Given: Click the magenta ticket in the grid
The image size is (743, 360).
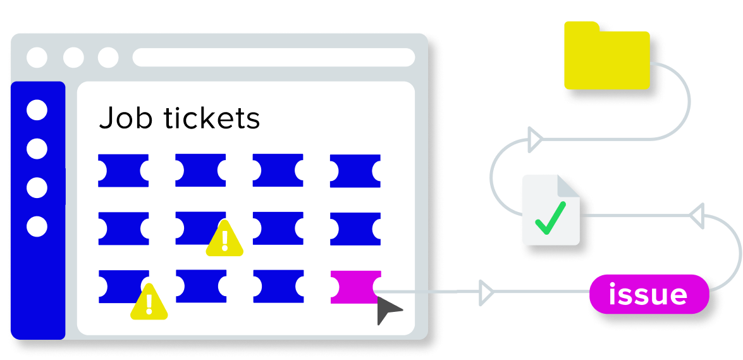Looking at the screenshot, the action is pos(355,287).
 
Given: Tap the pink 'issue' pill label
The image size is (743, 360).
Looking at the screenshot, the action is pos(649,294).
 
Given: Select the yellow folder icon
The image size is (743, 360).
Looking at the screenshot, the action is pos(607,56).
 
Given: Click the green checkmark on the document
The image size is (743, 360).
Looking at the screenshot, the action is pos(550,218).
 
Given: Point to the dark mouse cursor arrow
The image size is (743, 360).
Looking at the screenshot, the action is pos(387,310).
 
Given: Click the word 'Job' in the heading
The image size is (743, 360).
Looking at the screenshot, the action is pos(126,118).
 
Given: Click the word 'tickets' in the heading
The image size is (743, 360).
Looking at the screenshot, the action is pos(212,118).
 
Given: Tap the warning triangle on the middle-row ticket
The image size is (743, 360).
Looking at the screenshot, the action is pos(224,238).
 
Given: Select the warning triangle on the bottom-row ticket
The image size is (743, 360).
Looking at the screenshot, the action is pos(149,302).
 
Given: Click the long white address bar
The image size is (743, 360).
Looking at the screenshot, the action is pos(274,58).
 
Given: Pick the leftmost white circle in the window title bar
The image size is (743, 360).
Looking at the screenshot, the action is pos(37,58).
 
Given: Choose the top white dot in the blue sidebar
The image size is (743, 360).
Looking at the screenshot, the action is pos(37,110).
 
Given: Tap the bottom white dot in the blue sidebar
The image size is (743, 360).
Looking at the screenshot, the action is pos(37,227).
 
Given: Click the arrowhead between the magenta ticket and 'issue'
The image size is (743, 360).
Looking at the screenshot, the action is pos(486,292).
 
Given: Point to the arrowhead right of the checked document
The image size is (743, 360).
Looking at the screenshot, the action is pos(697,216).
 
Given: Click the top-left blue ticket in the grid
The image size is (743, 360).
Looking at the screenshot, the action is pos(123,170).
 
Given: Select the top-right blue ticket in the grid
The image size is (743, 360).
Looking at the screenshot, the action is pos(355,171).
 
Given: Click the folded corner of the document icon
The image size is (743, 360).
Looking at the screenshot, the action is pos(568,186).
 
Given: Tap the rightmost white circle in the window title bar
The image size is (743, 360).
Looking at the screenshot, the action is pos(108,58).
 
